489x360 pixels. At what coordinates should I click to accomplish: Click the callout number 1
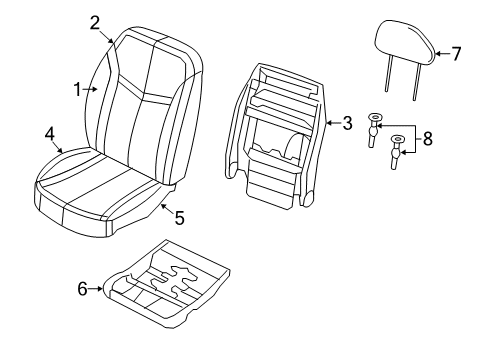pyautogui.click(x=76, y=89)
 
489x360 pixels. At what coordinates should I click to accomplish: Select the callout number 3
pyautogui.click(x=346, y=123)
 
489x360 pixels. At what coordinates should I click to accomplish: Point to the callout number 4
pyautogui.click(x=49, y=133)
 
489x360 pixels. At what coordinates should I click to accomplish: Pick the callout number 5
pyautogui.click(x=179, y=217)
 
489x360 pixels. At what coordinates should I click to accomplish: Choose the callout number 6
pyautogui.click(x=83, y=289)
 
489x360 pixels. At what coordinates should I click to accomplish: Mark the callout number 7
pyautogui.click(x=456, y=54)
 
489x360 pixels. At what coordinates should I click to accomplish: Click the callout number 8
pyautogui.click(x=428, y=140)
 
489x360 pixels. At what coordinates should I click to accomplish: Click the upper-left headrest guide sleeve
pyautogui.click(x=375, y=126)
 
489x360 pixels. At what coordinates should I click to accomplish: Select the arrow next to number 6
pyautogui.click(x=99, y=289)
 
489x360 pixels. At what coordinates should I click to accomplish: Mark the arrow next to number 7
pyautogui.click(x=439, y=54)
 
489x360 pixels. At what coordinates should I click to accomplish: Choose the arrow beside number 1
pyautogui.click(x=91, y=89)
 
